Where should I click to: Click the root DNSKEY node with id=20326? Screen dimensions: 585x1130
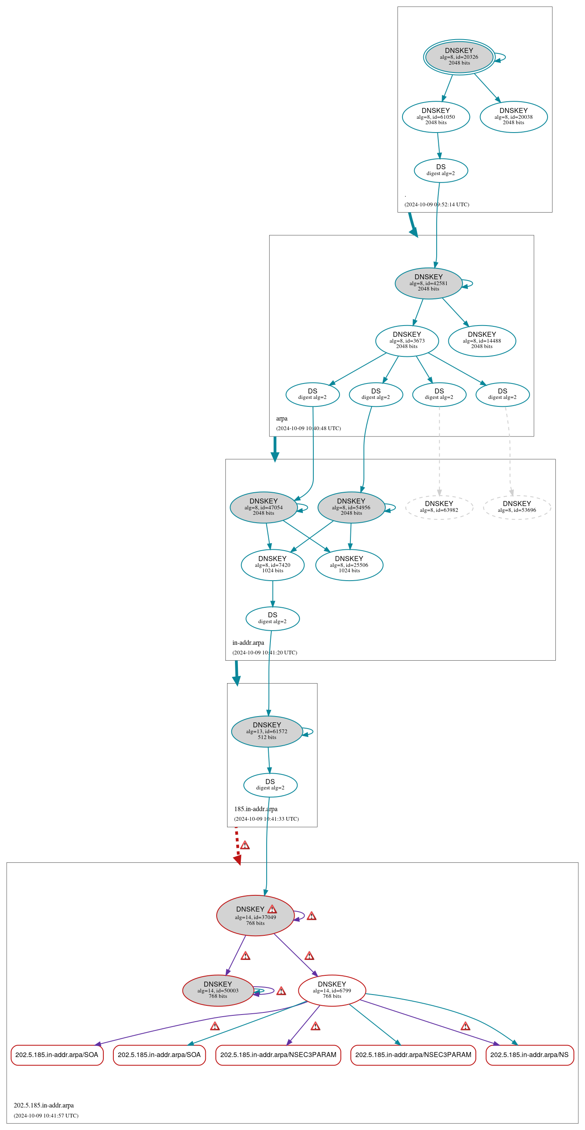coord(459,57)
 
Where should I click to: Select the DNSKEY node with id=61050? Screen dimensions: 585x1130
coord(436,117)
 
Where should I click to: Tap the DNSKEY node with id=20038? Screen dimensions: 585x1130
coord(513,117)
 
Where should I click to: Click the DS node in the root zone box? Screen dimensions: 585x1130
coord(441,170)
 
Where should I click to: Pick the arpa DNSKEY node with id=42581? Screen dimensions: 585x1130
coord(428,283)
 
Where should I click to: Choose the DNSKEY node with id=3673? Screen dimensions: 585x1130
coord(407,341)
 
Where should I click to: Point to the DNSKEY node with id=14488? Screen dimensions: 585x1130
coord(482,341)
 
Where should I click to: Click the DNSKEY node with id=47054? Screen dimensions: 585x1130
coord(264,507)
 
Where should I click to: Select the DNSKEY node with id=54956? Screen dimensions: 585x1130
coord(351,507)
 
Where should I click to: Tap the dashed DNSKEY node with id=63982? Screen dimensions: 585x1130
coord(439,507)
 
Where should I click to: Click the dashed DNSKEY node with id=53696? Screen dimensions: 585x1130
coord(517,507)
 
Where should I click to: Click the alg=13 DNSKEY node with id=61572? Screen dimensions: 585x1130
coord(267,731)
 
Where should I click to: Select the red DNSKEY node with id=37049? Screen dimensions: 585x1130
coord(255,915)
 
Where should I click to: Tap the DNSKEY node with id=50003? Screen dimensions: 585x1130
coord(218,990)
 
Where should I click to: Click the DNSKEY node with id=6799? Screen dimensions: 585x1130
coord(332,990)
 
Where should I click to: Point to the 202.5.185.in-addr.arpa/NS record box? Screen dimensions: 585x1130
coord(530,1055)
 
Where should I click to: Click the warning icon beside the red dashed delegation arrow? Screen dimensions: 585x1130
coord(245,845)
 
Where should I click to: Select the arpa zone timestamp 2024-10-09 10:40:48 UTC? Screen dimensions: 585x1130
coord(308,428)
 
